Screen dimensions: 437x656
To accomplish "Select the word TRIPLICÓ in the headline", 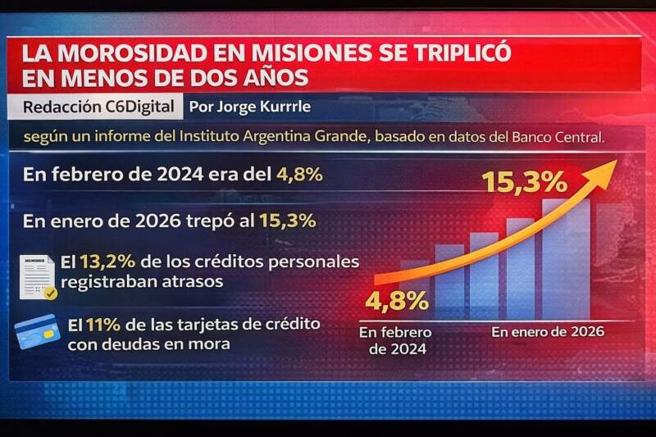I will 452,53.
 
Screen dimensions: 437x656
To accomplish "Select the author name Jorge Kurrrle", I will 248,107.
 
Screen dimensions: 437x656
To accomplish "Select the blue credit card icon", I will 38,330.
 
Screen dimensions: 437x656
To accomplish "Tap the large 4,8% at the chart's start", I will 398,301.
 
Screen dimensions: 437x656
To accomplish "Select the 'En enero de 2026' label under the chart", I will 547,332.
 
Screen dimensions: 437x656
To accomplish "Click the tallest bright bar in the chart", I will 565,258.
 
